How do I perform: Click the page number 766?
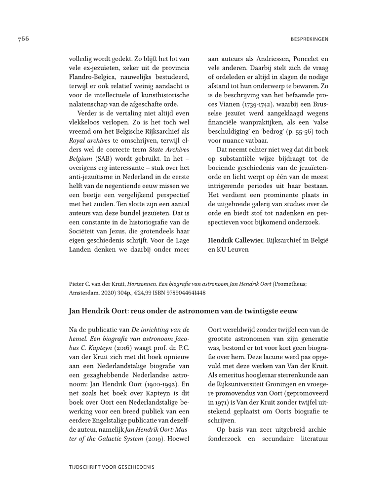(x=23, y=39)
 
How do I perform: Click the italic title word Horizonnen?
(x=143, y=284)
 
